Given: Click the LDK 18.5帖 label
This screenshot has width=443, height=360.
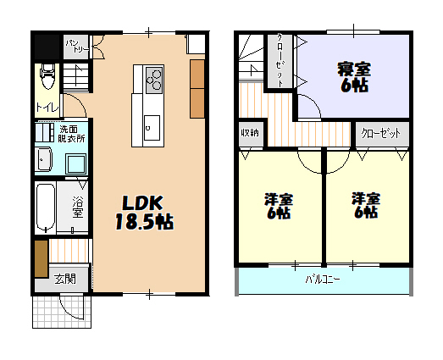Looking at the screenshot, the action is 144,213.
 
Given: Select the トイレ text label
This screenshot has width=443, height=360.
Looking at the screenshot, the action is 47,108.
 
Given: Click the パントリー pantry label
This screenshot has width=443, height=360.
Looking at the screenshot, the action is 76,46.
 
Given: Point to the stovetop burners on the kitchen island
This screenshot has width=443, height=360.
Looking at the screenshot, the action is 154,80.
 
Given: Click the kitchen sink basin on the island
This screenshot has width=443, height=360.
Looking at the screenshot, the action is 152,128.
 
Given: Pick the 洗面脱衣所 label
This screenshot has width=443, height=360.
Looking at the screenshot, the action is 71,134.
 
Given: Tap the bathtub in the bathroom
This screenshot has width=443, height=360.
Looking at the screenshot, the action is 45,208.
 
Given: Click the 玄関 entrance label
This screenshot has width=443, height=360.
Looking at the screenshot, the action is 65,279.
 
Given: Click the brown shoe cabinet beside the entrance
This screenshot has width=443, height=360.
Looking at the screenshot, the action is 42,259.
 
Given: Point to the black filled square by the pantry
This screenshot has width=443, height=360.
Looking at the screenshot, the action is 47,47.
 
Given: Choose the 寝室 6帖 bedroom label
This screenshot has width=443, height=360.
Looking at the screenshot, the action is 354,77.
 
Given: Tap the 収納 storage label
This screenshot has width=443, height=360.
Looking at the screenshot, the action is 250,132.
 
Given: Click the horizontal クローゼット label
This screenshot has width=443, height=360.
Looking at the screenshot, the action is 381,133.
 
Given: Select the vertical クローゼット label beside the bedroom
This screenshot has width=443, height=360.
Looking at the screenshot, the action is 280,60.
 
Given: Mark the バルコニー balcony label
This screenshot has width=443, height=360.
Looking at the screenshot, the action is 323,280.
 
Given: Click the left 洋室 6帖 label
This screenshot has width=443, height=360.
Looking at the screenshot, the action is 279,206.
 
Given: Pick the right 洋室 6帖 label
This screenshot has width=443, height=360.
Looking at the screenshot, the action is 366,206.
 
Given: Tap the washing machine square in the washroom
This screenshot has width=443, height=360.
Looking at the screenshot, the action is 75,163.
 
